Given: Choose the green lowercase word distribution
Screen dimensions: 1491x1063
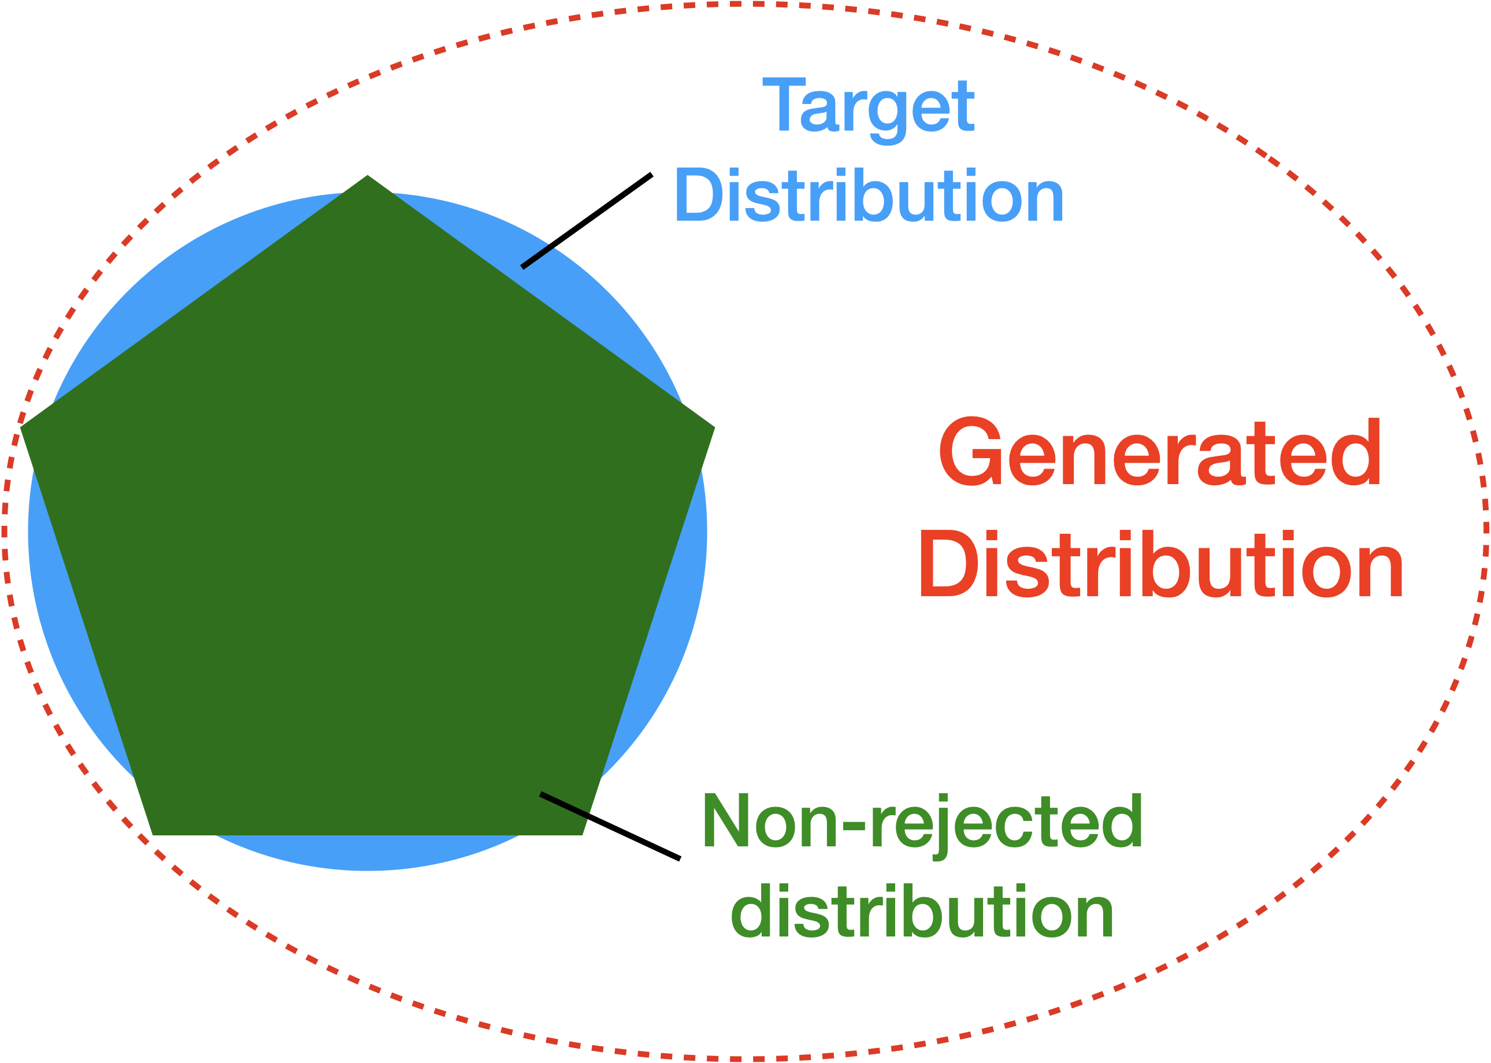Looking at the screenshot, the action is (x=922, y=912).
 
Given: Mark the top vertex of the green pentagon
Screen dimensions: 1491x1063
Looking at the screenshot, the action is (x=368, y=176).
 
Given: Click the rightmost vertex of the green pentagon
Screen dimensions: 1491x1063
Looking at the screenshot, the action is (x=714, y=428).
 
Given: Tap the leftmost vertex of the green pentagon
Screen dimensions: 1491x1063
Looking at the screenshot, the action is (x=21, y=428).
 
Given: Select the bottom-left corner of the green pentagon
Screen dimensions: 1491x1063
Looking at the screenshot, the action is (x=153, y=834).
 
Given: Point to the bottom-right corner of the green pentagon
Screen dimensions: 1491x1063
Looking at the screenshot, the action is (x=582, y=834).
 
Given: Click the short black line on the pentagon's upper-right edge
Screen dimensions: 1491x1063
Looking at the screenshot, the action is (x=537, y=257).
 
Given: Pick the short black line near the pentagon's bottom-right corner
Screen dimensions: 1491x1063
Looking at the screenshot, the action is (x=564, y=804).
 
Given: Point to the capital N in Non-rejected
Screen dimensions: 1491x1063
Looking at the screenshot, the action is (x=725, y=821).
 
